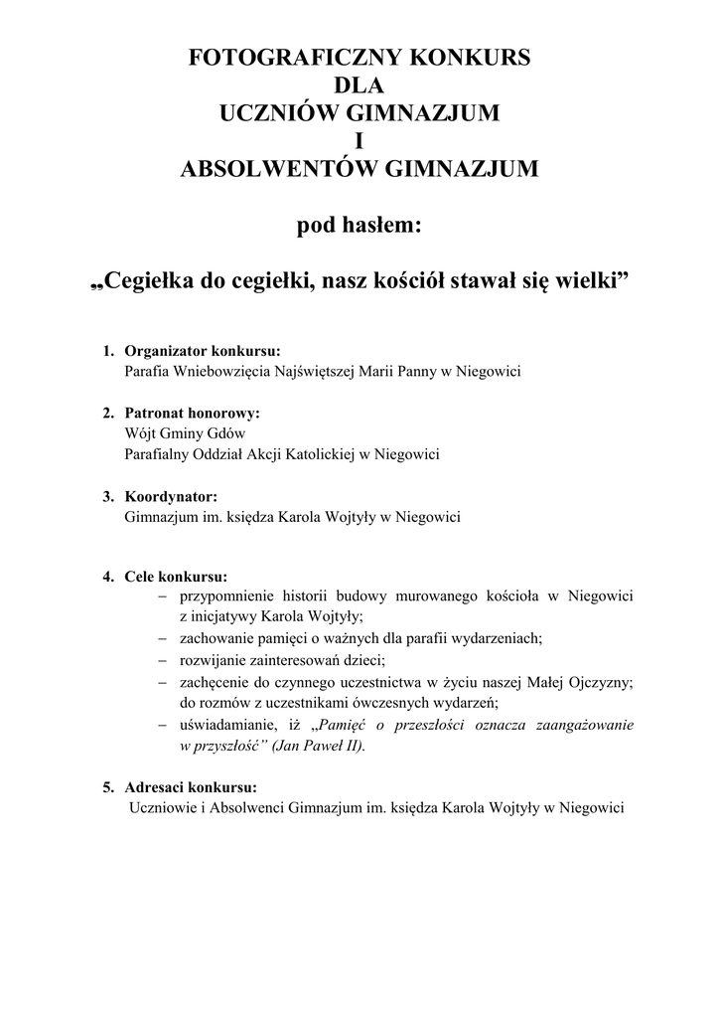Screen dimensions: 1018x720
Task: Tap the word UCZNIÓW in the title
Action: [x=277, y=114]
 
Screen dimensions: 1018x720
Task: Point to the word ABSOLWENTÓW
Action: [x=276, y=170]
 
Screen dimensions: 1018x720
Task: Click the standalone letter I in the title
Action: [x=360, y=142]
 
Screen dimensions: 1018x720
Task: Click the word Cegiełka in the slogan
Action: [x=151, y=283]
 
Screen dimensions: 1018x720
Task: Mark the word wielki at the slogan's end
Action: [x=591, y=283]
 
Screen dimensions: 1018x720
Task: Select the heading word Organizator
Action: [x=165, y=351]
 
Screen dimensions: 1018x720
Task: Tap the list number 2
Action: [x=106, y=412]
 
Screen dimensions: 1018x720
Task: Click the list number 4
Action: [x=106, y=576]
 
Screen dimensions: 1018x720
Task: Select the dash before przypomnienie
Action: [x=162, y=595]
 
